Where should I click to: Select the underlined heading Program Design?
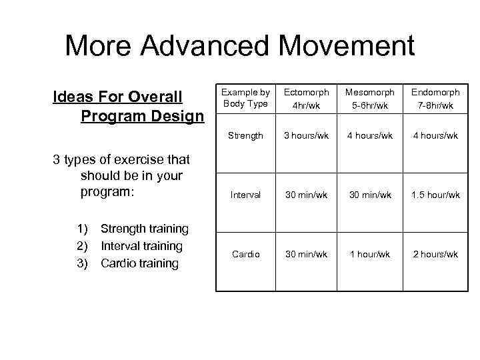pyautogui.click(x=142, y=117)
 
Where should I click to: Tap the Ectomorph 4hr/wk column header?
pyautogui.click(x=307, y=98)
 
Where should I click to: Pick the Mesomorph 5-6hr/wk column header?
pyautogui.click(x=369, y=98)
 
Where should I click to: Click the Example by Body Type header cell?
pyautogui.click(x=245, y=98)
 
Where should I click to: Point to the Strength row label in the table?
pyautogui.click(x=245, y=136)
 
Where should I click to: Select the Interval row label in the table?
pyautogui.click(x=245, y=195)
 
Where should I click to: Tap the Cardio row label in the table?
pyautogui.click(x=245, y=254)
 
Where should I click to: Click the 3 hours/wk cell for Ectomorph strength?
pyautogui.click(x=307, y=136)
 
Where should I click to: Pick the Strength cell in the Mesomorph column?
pyautogui.click(x=369, y=136)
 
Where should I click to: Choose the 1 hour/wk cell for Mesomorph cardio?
pyautogui.click(x=369, y=254)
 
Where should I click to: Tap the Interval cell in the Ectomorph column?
pyautogui.click(x=307, y=195)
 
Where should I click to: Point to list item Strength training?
pyautogui.click(x=144, y=229)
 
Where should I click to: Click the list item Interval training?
pyautogui.click(x=141, y=246)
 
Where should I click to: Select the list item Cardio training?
pyautogui.click(x=139, y=263)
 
